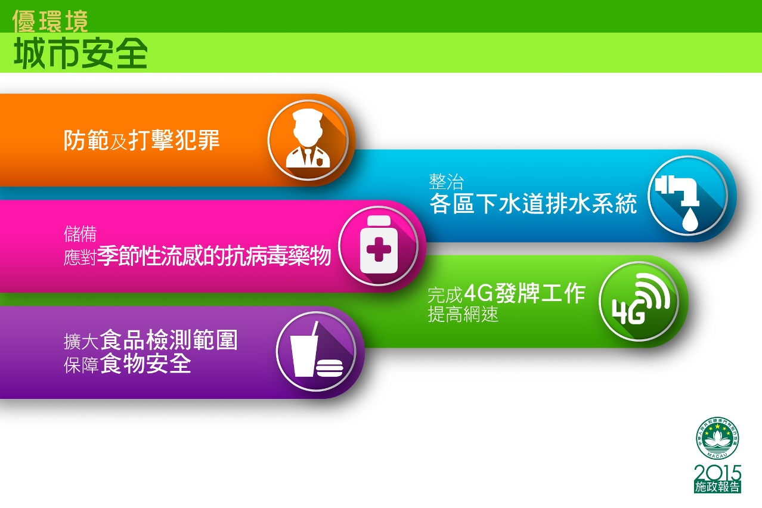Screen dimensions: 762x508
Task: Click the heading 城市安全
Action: (x=80, y=53)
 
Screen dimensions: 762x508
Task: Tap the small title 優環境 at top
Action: (x=50, y=21)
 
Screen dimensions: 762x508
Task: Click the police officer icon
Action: (x=308, y=139)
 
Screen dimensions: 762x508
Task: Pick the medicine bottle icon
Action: (x=378, y=245)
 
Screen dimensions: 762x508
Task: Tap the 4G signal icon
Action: (x=640, y=299)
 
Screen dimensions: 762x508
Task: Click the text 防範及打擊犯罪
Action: (x=142, y=140)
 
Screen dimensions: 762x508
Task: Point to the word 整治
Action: (x=446, y=182)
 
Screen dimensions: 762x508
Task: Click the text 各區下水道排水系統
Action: (x=532, y=203)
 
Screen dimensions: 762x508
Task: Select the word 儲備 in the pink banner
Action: (x=80, y=234)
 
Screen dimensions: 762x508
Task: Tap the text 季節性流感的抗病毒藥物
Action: (x=214, y=255)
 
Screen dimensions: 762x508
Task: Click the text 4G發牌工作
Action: (x=525, y=293)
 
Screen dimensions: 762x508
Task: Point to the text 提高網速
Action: (x=463, y=314)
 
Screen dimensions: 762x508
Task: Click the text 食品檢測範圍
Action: (x=169, y=340)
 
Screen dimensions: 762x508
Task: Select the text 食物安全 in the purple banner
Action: (x=145, y=363)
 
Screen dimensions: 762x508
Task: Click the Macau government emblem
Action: (x=717, y=438)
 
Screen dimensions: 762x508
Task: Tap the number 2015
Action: (x=717, y=473)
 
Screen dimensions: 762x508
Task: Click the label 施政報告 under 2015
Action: (x=717, y=487)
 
